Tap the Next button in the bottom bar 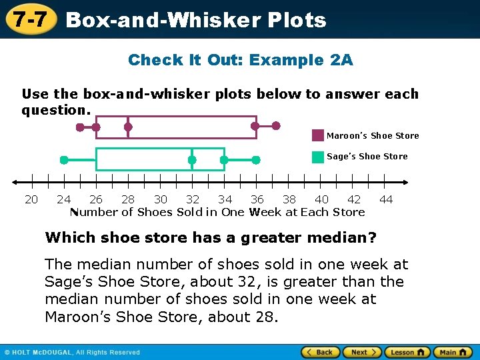click(361, 352)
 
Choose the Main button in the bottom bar click(451, 352)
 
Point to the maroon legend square click(318, 135)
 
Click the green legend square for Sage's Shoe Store click(318, 157)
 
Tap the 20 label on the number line click(31, 199)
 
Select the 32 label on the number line click(193, 199)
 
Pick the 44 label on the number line click(386, 199)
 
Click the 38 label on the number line click(289, 199)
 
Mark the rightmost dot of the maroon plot click(277, 125)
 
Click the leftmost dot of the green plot click(64, 160)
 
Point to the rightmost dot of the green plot click(256, 160)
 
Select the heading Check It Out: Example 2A click(240, 60)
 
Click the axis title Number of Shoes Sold click(217, 212)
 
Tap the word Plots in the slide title click(296, 20)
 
